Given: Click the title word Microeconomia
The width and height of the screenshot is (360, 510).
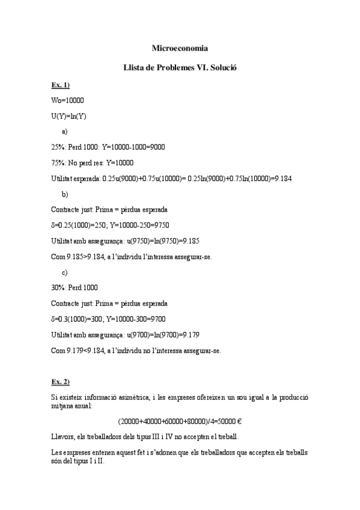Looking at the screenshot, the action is [x=180, y=48].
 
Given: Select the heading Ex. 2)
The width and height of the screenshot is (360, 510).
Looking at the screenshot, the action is [x=61, y=382].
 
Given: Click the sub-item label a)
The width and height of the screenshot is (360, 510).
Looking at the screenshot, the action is [x=65, y=131].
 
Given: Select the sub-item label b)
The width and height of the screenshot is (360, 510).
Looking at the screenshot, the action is [x=65, y=194].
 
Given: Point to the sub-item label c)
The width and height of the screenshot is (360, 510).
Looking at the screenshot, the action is [x=65, y=272].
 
